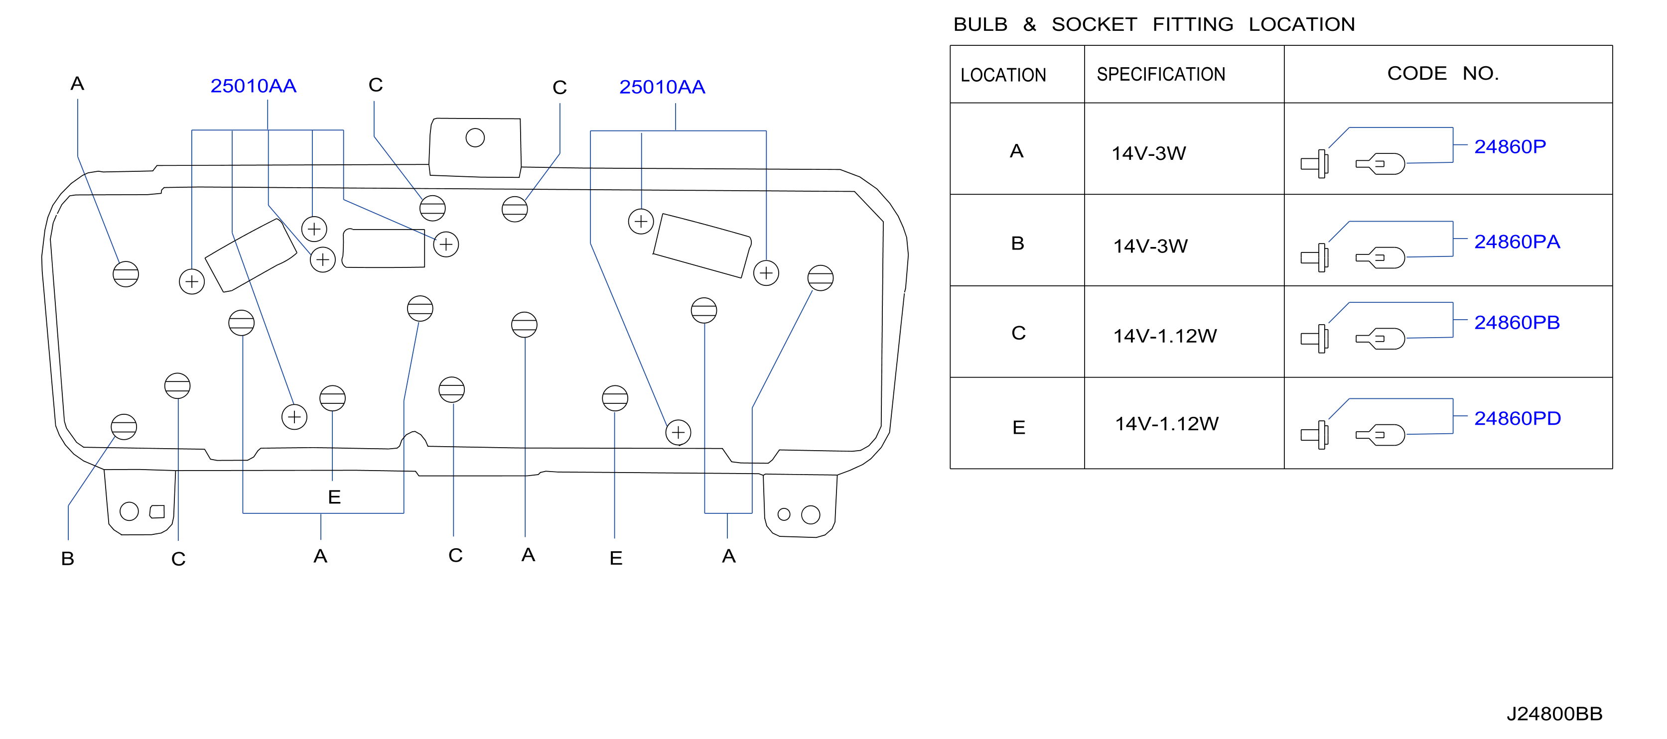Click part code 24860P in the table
coord(1510,147)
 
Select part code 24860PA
coord(1517,242)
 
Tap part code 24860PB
coord(1517,323)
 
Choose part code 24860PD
coord(1518,419)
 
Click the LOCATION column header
coord(1003,75)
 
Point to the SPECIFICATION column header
coord(1161,74)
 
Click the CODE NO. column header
coord(1443,73)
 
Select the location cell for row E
coord(1018,428)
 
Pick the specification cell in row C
coord(1165,336)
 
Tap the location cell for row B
coord(1017,244)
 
